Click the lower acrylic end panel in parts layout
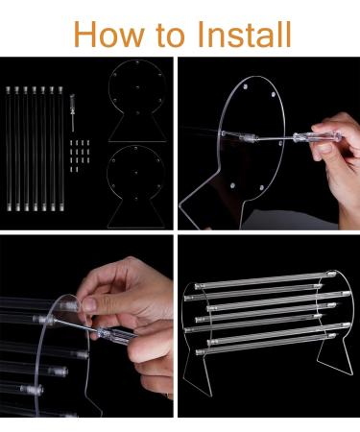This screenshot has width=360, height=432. pos(129,182)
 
